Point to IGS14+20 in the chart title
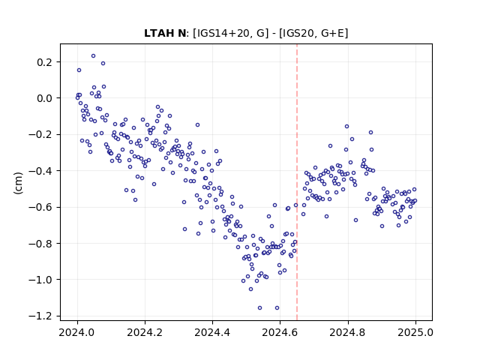(x=223, y=33)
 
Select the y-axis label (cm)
(x=18, y=183)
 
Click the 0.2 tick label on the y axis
(x=45, y=62)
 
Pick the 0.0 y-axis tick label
(x=45, y=98)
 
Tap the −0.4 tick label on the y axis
(x=40, y=171)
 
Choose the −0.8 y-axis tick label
(x=40, y=244)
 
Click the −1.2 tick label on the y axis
(x=40, y=316)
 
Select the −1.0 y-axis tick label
(x=40, y=280)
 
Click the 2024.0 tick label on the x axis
(x=77, y=332)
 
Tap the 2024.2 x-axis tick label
(x=145, y=332)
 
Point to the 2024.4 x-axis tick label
(x=212, y=332)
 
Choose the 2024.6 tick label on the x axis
(x=280, y=332)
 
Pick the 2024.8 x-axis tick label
(x=348, y=332)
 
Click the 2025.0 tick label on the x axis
(x=415, y=332)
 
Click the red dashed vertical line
(x=297, y=182)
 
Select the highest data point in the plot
(x=93, y=56)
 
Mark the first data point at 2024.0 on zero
(x=77, y=98)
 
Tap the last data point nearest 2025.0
(x=415, y=201)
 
